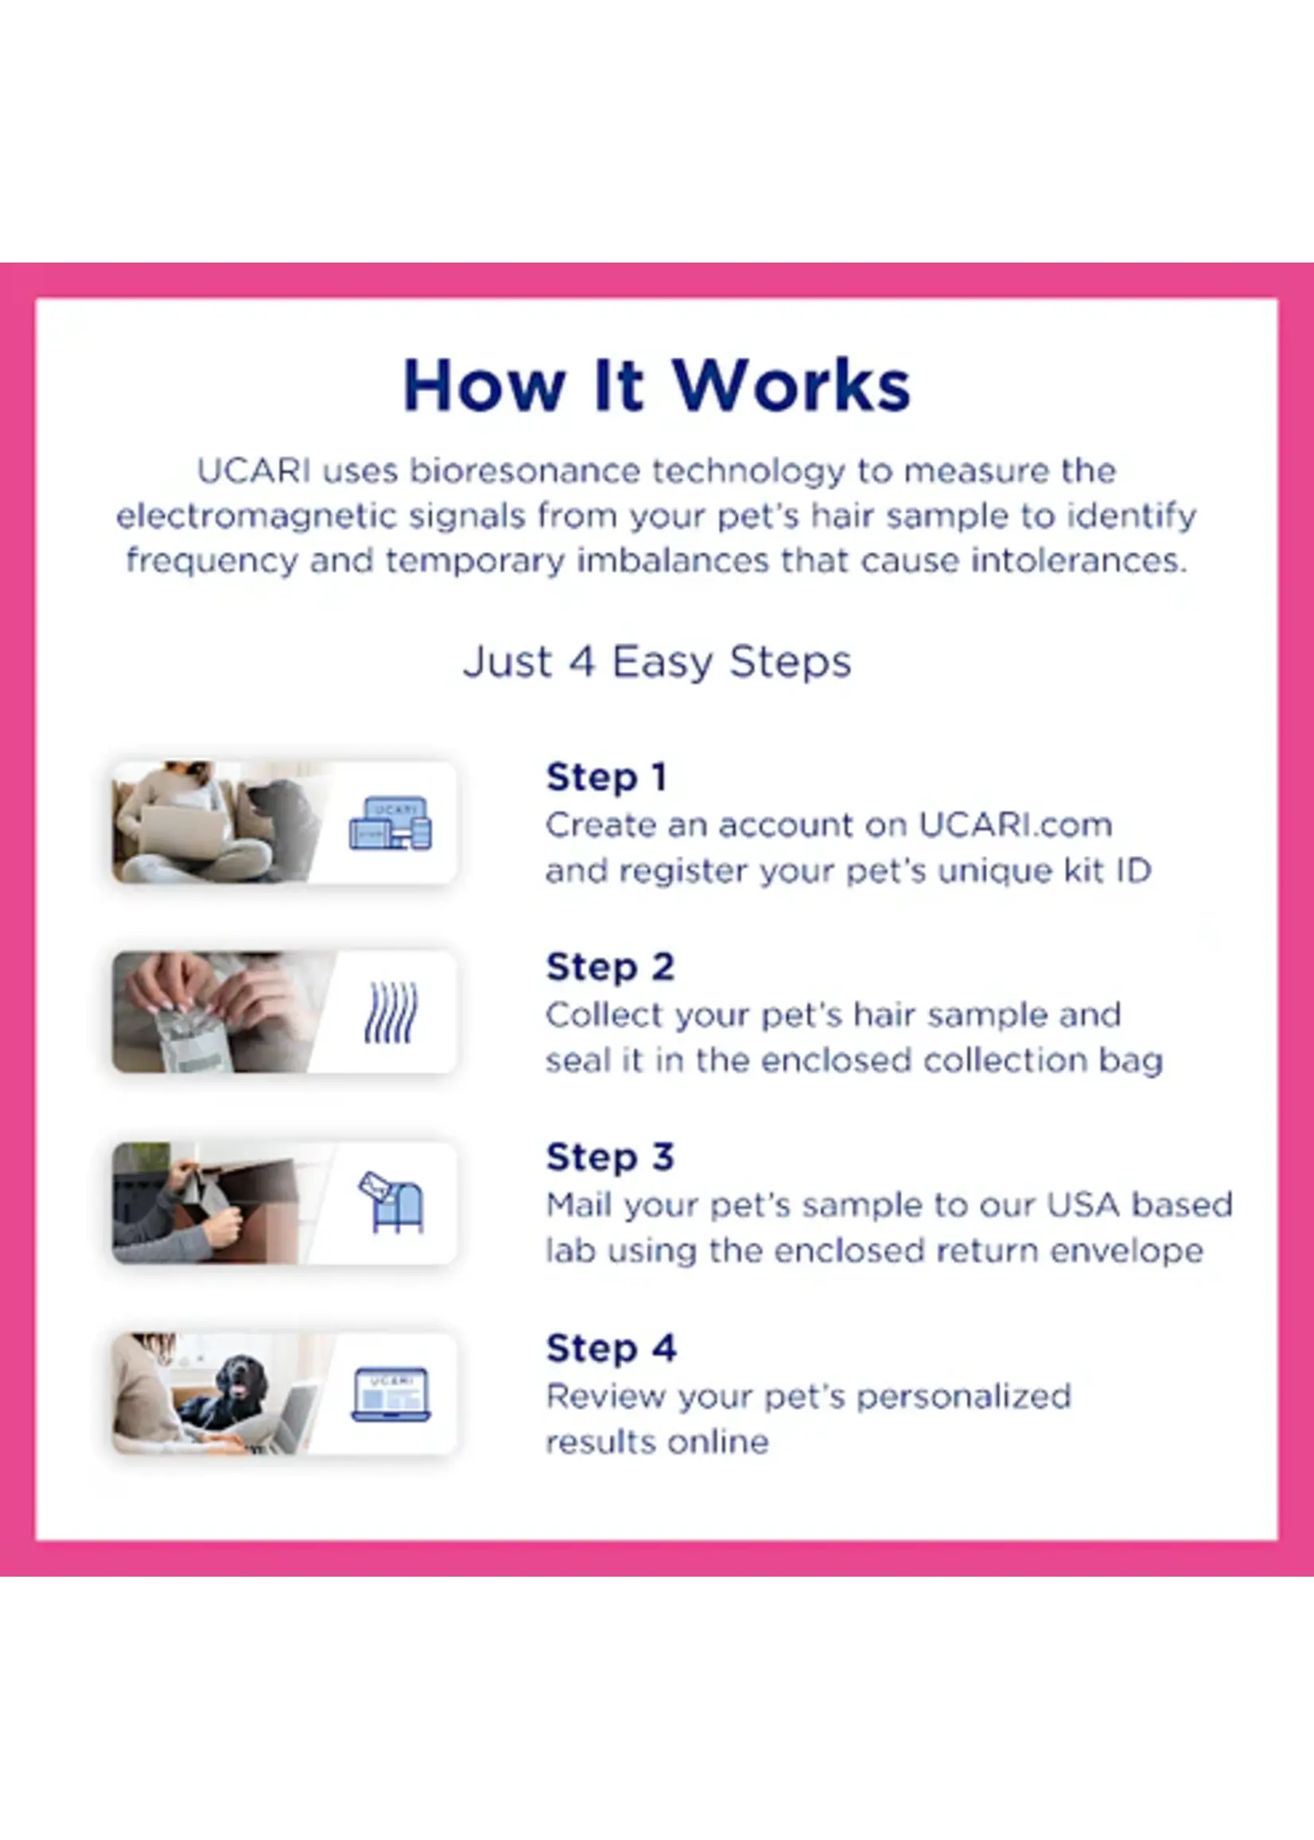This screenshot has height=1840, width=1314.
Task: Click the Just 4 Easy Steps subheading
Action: (x=657, y=662)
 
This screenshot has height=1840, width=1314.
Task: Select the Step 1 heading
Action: (x=606, y=777)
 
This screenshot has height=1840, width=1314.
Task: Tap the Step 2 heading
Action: (x=609, y=967)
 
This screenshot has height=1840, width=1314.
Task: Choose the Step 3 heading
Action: (x=609, y=1157)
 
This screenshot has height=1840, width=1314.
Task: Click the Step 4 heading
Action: (x=610, y=1348)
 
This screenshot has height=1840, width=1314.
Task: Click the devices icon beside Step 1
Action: (x=391, y=823)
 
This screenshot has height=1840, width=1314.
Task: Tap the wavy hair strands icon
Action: (x=391, y=1012)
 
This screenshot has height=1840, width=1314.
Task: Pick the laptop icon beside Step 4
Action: (x=391, y=1395)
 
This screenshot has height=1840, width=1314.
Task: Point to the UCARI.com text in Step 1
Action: (x=1015, y=825)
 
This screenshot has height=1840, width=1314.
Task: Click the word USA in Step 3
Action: (x=1083, y=1205)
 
